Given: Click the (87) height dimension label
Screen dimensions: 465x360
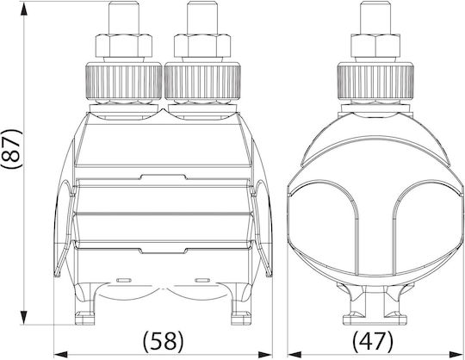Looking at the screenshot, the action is (12, 149).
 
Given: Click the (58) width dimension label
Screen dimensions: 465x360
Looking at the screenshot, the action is (164, 340).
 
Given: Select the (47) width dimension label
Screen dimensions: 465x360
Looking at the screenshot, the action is (373, 340).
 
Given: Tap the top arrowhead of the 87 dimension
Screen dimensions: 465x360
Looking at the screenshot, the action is (24, 9).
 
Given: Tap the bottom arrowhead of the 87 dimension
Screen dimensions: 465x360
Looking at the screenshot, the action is (24, 317).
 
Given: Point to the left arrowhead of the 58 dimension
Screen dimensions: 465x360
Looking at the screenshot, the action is (61, 354).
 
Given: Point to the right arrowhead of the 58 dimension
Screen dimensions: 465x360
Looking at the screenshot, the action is (265, 354).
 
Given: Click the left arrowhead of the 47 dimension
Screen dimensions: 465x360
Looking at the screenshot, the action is (294, 354).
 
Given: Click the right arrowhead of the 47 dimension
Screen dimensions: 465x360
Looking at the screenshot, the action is (456, 354).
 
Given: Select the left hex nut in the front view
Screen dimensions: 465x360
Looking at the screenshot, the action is (124, 46).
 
